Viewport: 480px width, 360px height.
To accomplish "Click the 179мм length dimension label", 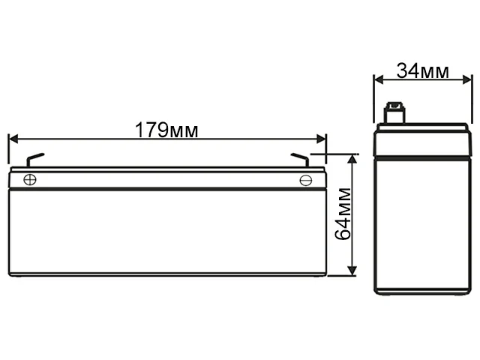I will [166, 130].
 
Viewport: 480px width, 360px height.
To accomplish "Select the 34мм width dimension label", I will [422, 71].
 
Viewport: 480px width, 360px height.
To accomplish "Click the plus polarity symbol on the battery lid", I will [30, 179].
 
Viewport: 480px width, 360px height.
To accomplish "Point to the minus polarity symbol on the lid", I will [305, 180].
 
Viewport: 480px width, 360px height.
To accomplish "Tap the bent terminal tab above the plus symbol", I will [34, 159].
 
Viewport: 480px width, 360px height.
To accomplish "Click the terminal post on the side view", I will [394, 114].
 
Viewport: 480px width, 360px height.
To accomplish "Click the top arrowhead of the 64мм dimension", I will [350, 158].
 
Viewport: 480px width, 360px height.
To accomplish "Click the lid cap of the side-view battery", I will [423, 140].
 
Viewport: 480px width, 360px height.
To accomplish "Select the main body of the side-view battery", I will [423, 225].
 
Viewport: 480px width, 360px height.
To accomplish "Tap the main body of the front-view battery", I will [166, 232].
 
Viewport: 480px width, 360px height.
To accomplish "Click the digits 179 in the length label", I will [151, 130].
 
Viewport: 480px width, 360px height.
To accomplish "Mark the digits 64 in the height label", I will [342, 229].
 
